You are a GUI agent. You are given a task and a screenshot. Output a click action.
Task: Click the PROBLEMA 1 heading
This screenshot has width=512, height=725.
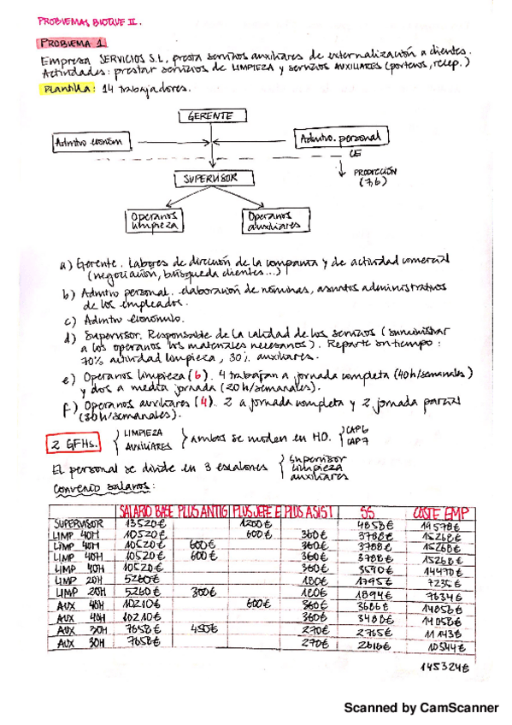click(73, 42)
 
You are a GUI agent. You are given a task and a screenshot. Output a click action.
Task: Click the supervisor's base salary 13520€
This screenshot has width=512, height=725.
click(141, 523)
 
